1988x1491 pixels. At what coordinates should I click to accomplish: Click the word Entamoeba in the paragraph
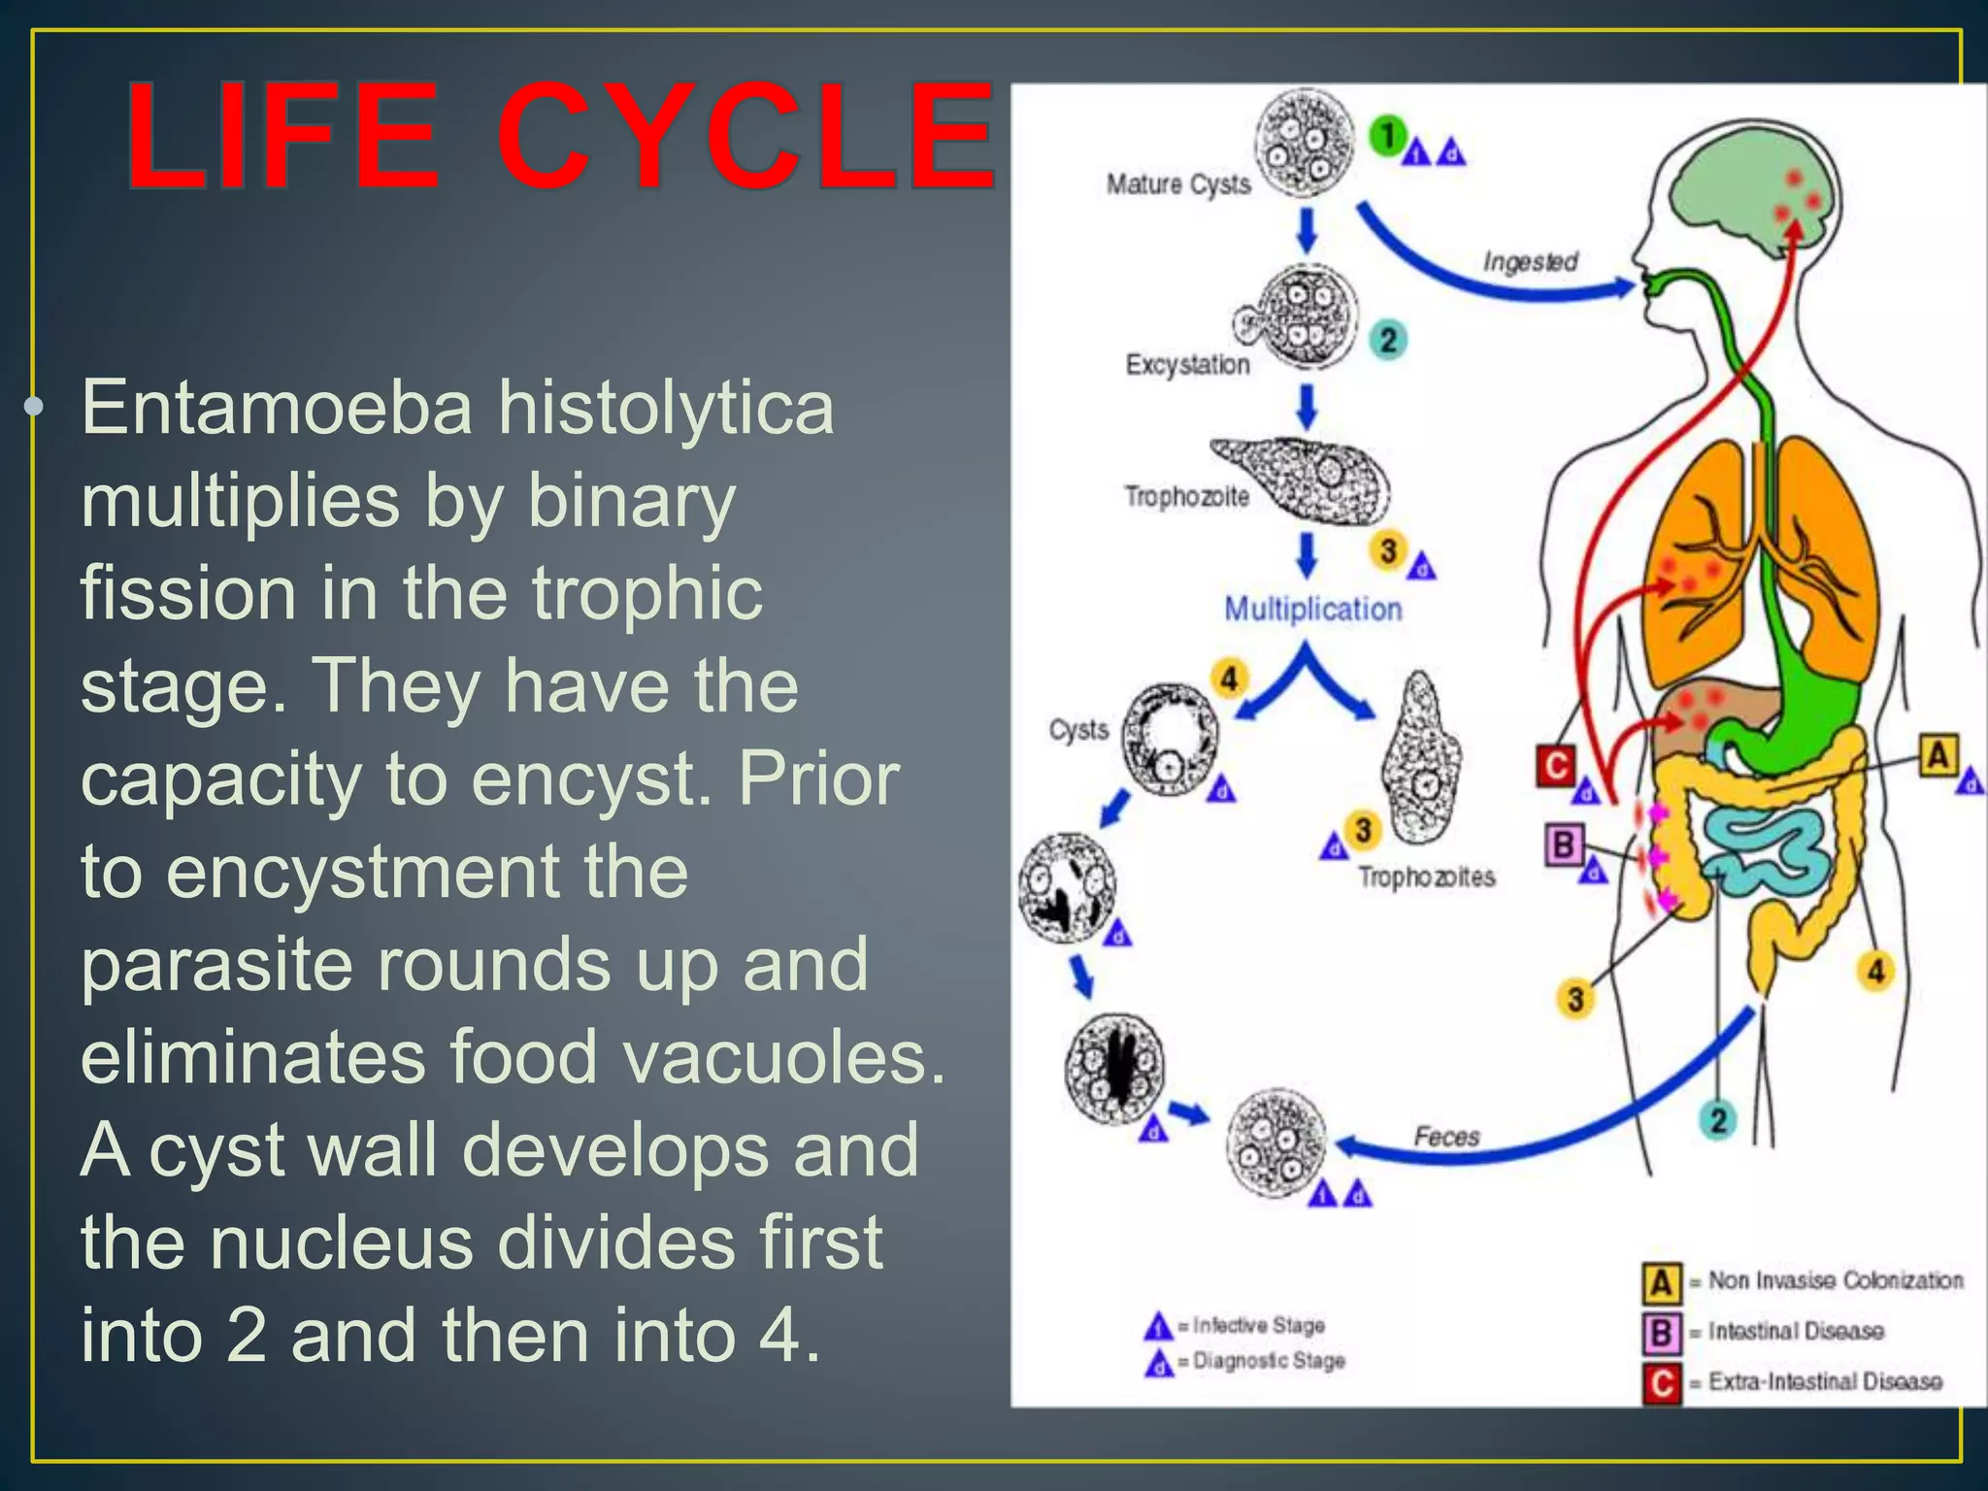click(277, 408)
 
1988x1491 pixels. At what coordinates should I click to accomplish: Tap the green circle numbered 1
click(1388, 136)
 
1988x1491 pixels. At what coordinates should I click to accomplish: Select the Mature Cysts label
click(1177, 183)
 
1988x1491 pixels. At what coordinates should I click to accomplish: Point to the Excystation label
click(1187, 364)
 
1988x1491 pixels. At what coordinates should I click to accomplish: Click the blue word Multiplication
click(1312, 609)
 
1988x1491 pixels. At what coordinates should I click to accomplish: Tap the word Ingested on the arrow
click(1530, 261)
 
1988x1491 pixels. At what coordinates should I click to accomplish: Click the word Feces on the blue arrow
click(1445, 1136)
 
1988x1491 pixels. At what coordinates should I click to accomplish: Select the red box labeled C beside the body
click(1555, 766)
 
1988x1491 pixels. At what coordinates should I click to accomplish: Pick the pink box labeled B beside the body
click(1563, 844)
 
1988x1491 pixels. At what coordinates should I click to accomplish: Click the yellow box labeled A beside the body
click(1938, 755)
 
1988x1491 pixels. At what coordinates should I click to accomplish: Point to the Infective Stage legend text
click(1258, 1325)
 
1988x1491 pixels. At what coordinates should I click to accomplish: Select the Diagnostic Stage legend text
click(1268, 1361)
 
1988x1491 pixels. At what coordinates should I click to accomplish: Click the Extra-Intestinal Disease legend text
click(1825, 1381)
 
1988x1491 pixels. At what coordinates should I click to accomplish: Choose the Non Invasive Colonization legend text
click(1835, 1280)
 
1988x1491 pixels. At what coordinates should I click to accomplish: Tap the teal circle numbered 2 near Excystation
click(1388, 340)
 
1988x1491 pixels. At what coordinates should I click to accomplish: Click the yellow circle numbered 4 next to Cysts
click(1229, 678)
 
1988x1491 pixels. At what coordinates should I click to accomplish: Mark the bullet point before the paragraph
click(35, 406)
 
